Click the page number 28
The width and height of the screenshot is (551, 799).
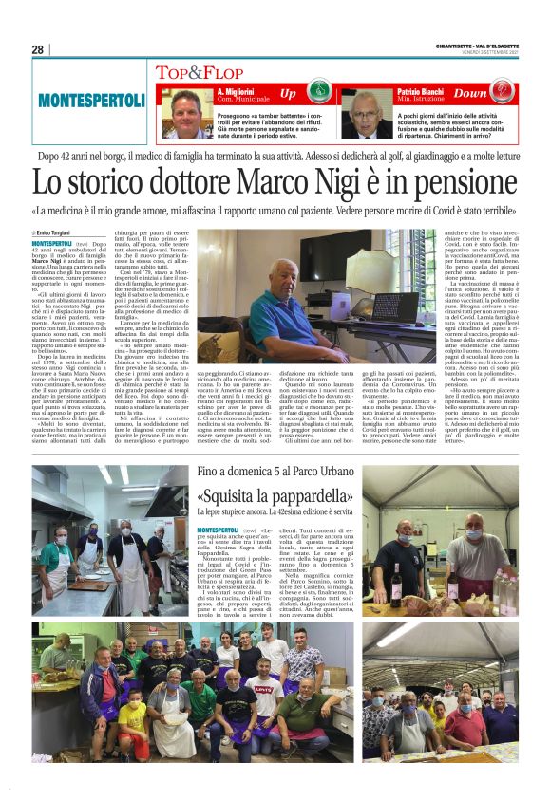pos(38,49)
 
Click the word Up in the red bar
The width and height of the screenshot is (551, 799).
pos(289,94)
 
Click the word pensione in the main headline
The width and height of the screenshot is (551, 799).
pos(470,182)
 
